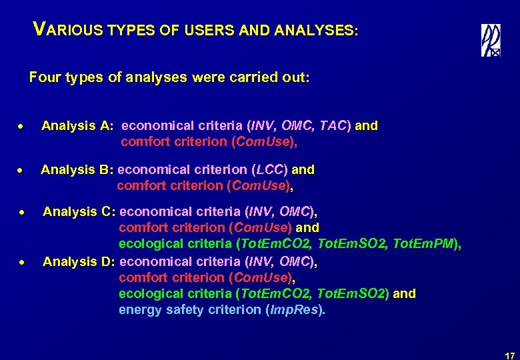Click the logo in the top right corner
click(x=491, y=40)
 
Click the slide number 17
click(x=509, y=355)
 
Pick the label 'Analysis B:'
click(x=77, y=169)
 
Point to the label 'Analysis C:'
click(x=79, y=212)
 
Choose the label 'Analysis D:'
click(x=79, y=261)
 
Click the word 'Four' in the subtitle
click(x=43, y=77)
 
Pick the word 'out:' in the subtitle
click(x=296, y=77)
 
